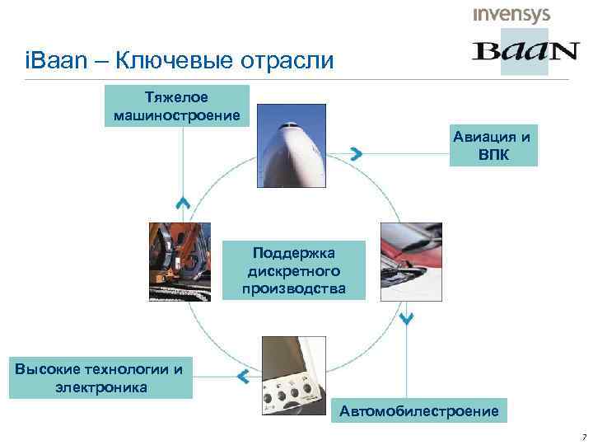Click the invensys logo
511,15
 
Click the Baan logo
525,51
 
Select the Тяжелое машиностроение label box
179,105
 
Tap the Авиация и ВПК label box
493,143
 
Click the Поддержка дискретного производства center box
294,269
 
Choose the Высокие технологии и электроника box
98,377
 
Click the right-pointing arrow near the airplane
356,153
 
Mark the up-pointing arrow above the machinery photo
183,202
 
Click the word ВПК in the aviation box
493,153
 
